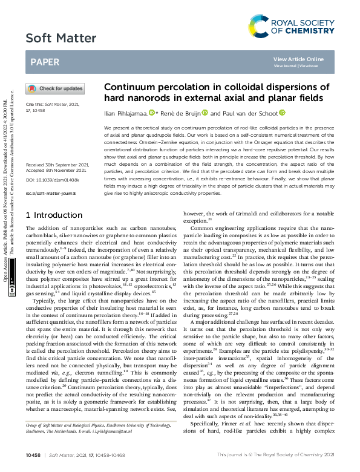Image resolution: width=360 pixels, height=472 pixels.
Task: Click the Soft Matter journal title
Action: (54, 39)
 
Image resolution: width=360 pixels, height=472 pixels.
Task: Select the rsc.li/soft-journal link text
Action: (50, 193)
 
